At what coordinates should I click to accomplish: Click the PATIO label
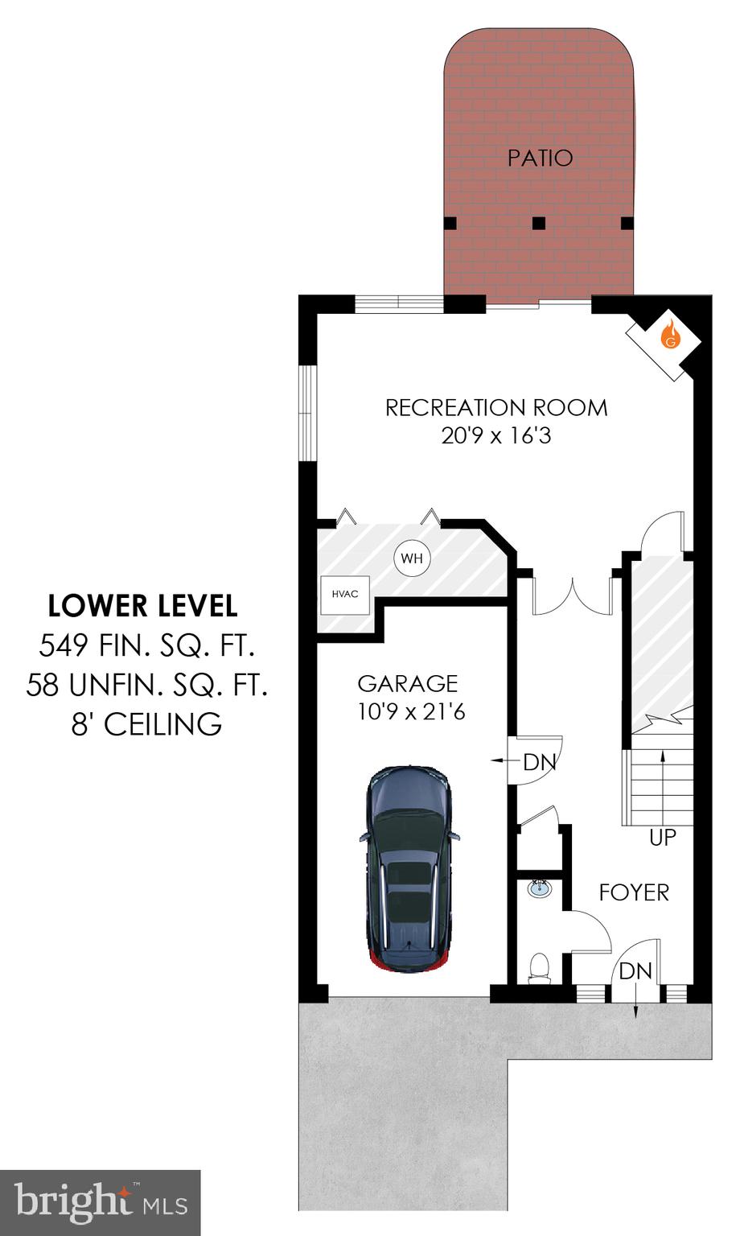click(x=540, y=158)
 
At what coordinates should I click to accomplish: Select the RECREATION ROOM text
click(x=495, y=407)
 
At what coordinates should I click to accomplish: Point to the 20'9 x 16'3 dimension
click(x=495, y=436)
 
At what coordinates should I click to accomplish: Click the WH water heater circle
click(x=412, y=558)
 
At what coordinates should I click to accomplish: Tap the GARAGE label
click(x=407, y=683)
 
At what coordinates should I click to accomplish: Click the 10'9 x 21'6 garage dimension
click(x=411, y=711)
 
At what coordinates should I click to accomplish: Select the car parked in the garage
click(x=410, y=869)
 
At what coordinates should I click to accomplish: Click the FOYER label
click(x=634, y=892)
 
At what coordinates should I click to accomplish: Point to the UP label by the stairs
click(x=663, y=838)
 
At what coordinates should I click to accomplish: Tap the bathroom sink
click(x=540, y=889)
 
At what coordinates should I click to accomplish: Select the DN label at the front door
click(x=635, y=970)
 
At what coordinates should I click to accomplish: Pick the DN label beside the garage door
click(x=539, y=761)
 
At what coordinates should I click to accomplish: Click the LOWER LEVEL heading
click(x=142, y=605)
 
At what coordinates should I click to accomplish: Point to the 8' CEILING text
click(x=146, y=724)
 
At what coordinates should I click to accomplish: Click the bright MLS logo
click(x=100, y=1202)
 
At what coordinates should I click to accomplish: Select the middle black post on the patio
click(x=539, y=223)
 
